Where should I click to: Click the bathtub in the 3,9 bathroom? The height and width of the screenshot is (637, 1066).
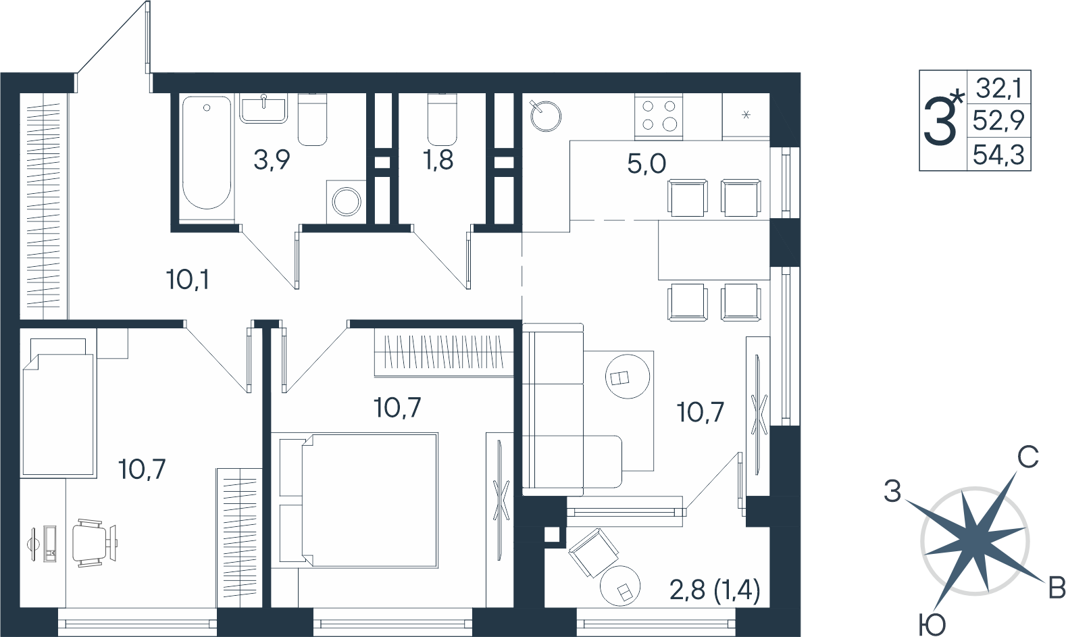click(x=207, y=153)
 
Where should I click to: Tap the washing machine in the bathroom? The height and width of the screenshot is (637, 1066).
click(x=346, y=202)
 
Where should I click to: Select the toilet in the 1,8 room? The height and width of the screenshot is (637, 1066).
click(x=442, y=119)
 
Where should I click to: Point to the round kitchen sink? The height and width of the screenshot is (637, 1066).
click(x=546, y=116)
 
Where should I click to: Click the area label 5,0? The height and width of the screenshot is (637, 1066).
click(x=646, y=164)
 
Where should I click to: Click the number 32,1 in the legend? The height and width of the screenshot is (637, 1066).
click(x=999, y=88)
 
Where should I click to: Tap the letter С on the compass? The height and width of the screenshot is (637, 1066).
click(x=1028, y=457)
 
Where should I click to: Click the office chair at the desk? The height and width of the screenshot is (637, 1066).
click(x=94, y=543)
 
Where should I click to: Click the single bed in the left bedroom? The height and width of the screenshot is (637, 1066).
click(x=59, y=408)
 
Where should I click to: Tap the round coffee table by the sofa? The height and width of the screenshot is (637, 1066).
click(x=627, y=376)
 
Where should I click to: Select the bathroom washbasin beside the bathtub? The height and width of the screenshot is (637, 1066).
click(x=263, y=109)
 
